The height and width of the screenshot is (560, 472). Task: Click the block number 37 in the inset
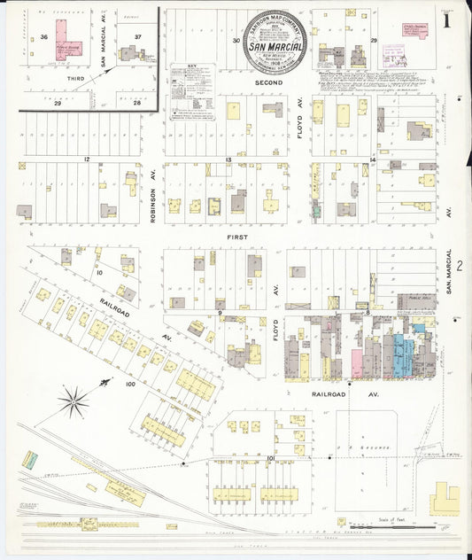[137, 36]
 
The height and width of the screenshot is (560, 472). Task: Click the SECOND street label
[268, 82]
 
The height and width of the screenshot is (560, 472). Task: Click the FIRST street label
[236, 238]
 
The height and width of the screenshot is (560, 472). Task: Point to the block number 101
[270, 456]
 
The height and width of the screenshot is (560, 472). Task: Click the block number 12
[87, 159]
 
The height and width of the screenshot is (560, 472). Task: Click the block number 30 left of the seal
[236, 40]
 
